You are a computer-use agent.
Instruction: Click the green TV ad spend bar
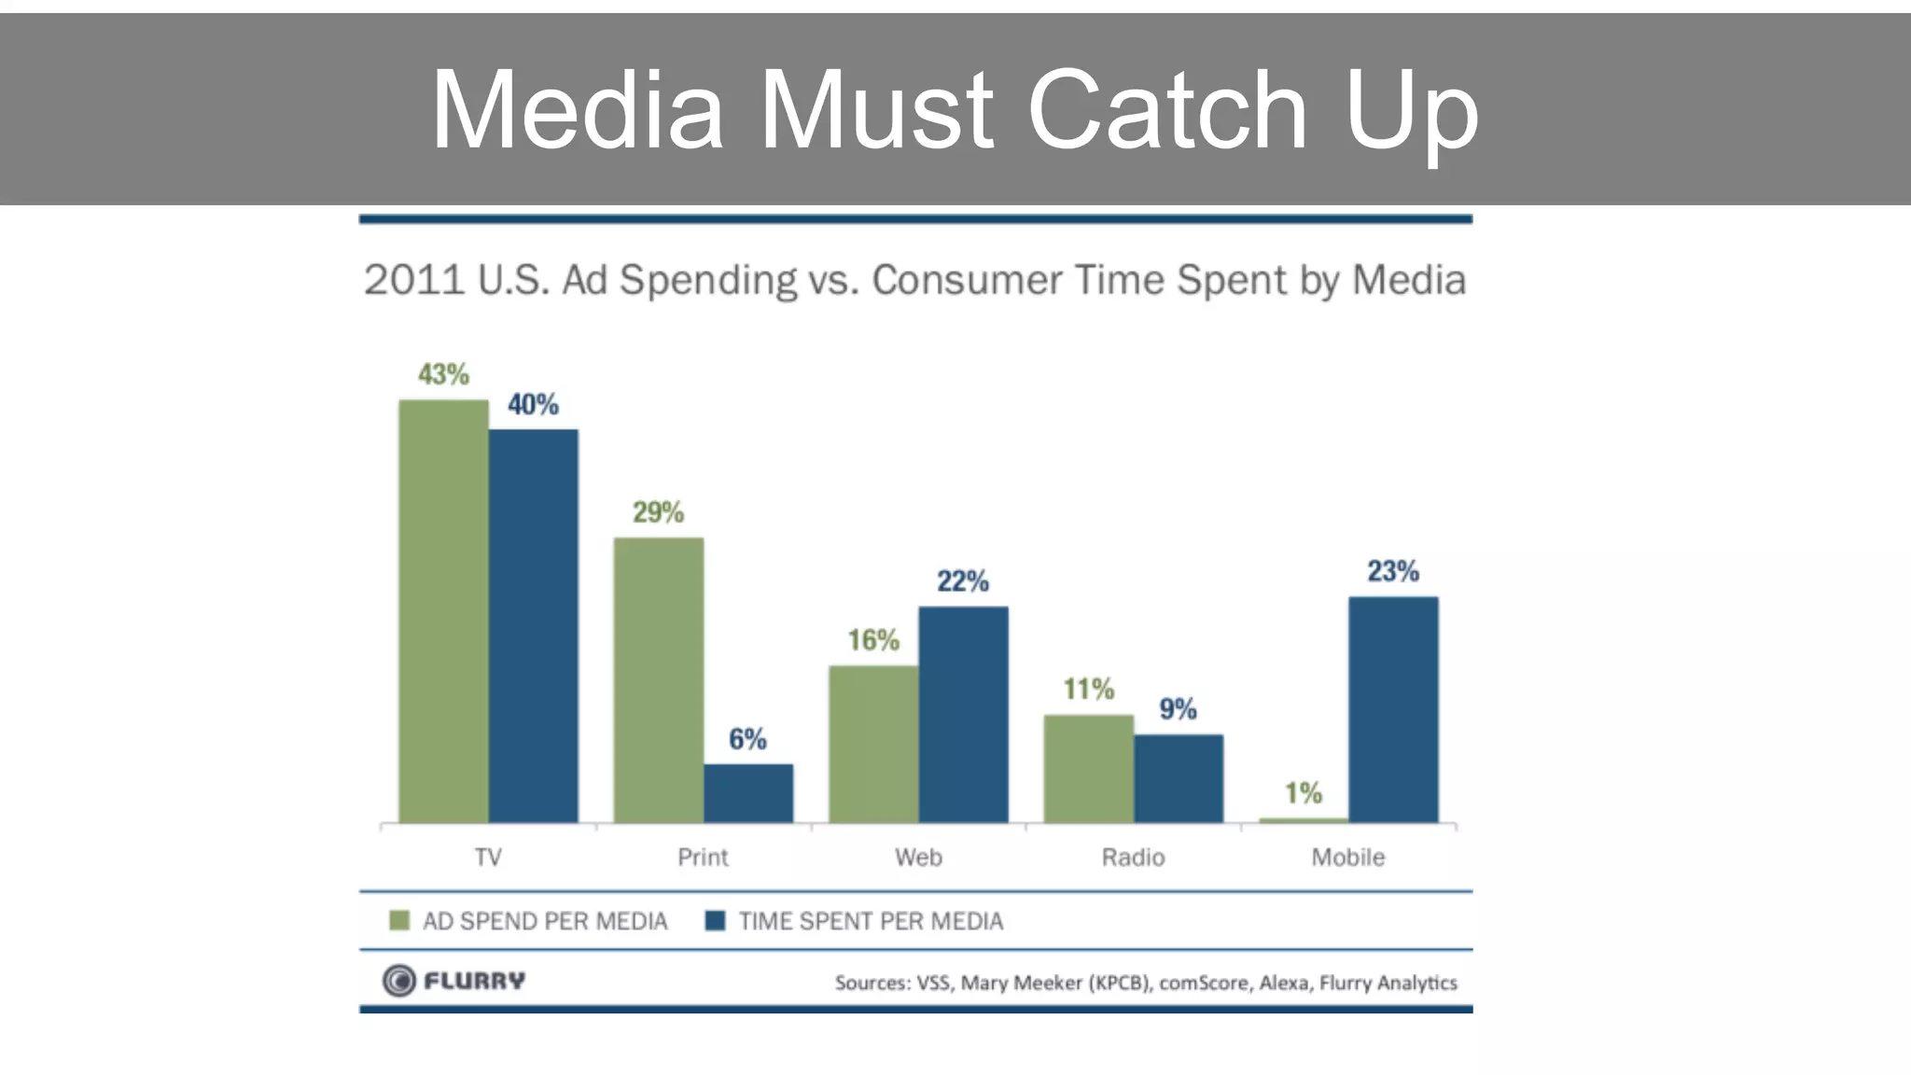(x=443, y=611)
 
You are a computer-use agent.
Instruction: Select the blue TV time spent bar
(x=533, y=626)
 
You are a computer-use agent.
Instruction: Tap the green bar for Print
(x=659, y=680)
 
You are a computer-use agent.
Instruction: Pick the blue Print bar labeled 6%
(x=748, y=793)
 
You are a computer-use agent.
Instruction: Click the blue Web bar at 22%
(x=963, y=715)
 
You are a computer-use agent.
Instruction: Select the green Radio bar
(x=1089, y=769)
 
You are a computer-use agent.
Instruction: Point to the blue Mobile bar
(x=1393, y=709)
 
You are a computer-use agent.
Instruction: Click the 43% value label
(x=443, y=374)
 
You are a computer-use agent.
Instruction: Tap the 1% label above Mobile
(x=1304, y=793)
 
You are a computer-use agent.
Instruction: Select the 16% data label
(x=873, y=640)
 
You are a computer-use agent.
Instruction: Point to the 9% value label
(x=1178, y=709)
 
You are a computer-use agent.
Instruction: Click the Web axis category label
(x=918, y=857)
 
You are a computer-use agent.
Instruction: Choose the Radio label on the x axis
(x=1133, y=857)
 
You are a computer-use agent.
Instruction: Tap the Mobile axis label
(x=1347, y=857)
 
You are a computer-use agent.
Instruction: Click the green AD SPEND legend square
(x=399, y=921)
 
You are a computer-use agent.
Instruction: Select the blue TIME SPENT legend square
(x=716, y=921)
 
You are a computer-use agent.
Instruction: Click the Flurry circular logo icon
(x=399, y=981)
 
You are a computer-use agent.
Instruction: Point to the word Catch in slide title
(x=1166, y=110)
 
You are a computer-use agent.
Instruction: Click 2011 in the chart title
(x=413, y=280)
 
